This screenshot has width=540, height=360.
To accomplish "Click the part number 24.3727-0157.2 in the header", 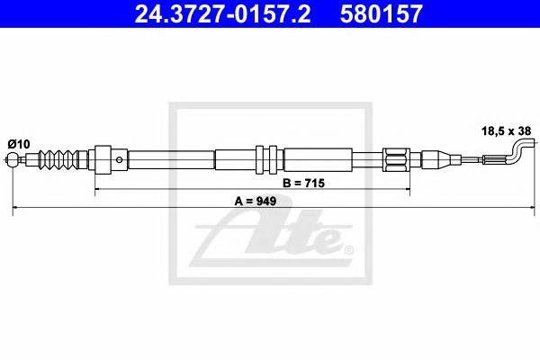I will (206, 14).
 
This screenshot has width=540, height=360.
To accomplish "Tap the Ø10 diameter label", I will (19, 142).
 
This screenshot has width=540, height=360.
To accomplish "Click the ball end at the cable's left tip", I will (13, 163).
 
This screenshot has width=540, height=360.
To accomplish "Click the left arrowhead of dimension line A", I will (16, 209).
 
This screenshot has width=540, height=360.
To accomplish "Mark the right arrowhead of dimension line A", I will (526, 209).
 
